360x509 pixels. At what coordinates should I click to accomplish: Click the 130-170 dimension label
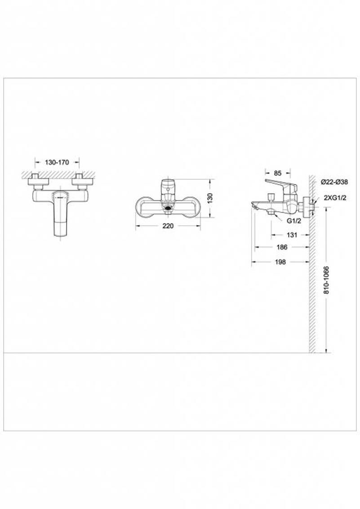point(57,162)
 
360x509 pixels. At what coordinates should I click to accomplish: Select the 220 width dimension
point(168,226)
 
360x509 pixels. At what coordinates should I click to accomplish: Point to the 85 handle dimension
point(278,173)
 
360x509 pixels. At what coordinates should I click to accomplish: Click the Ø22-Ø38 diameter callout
point(334,182)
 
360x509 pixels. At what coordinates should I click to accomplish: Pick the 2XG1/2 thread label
point(334,198)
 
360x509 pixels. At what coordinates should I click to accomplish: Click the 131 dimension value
point(292,235)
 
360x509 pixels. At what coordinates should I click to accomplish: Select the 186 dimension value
point(282,247)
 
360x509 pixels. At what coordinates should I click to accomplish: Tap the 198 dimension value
point(280,262)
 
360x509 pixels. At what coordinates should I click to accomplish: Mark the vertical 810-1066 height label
point(326,280)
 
